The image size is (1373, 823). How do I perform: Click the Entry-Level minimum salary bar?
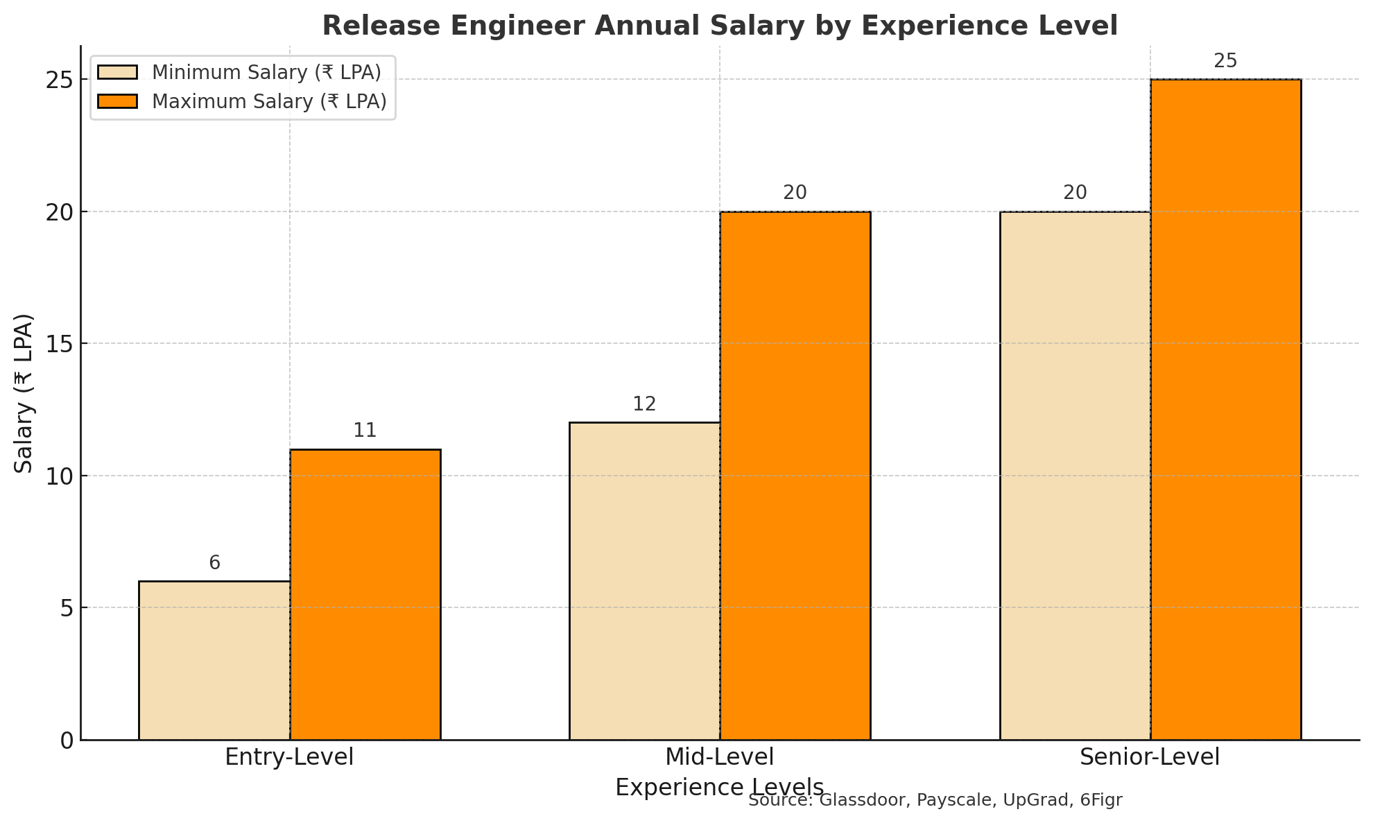pos(214,660)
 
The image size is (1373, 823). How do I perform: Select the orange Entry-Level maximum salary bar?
pos(365,594)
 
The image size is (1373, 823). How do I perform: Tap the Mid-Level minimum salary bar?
pos(644,581)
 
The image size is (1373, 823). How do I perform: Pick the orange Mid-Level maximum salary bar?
pos(795,476)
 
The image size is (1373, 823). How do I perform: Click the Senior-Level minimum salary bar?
pos(1075,476)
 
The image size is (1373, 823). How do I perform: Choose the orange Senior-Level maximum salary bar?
pos(1225,409)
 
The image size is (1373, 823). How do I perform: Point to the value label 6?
pos(214,563)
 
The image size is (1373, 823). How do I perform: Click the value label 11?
pos(365,431)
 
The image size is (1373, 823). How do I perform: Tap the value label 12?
pos(644,404)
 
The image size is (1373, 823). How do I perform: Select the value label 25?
pos(1225,61)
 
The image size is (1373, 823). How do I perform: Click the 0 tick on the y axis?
pos(67,740)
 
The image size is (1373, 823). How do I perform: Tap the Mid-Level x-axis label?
pos(719,757)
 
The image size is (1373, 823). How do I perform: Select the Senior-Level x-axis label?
pos(1150,757)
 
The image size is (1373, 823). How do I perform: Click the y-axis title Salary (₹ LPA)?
pos(24,393)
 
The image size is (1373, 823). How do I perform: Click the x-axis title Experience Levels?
pos(719,788)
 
